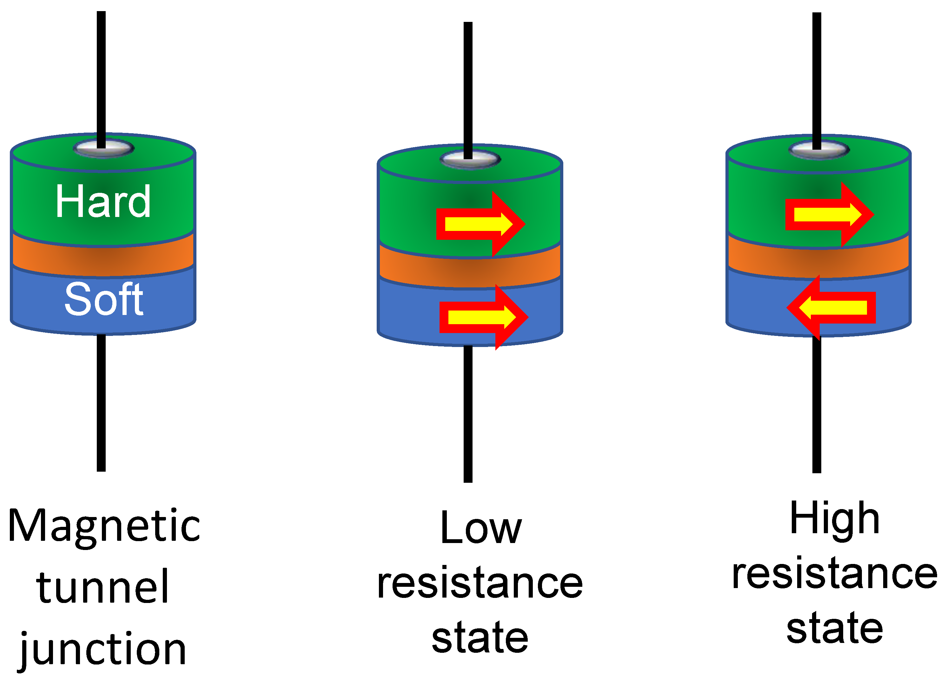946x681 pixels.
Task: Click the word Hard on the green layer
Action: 103,202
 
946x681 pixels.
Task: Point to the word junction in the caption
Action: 103,651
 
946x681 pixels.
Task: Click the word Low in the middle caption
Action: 480,529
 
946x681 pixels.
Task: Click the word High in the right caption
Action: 835,519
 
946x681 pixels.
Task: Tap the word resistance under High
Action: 835,575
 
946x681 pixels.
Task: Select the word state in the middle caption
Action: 480,638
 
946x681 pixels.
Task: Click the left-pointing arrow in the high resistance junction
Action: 830,307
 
